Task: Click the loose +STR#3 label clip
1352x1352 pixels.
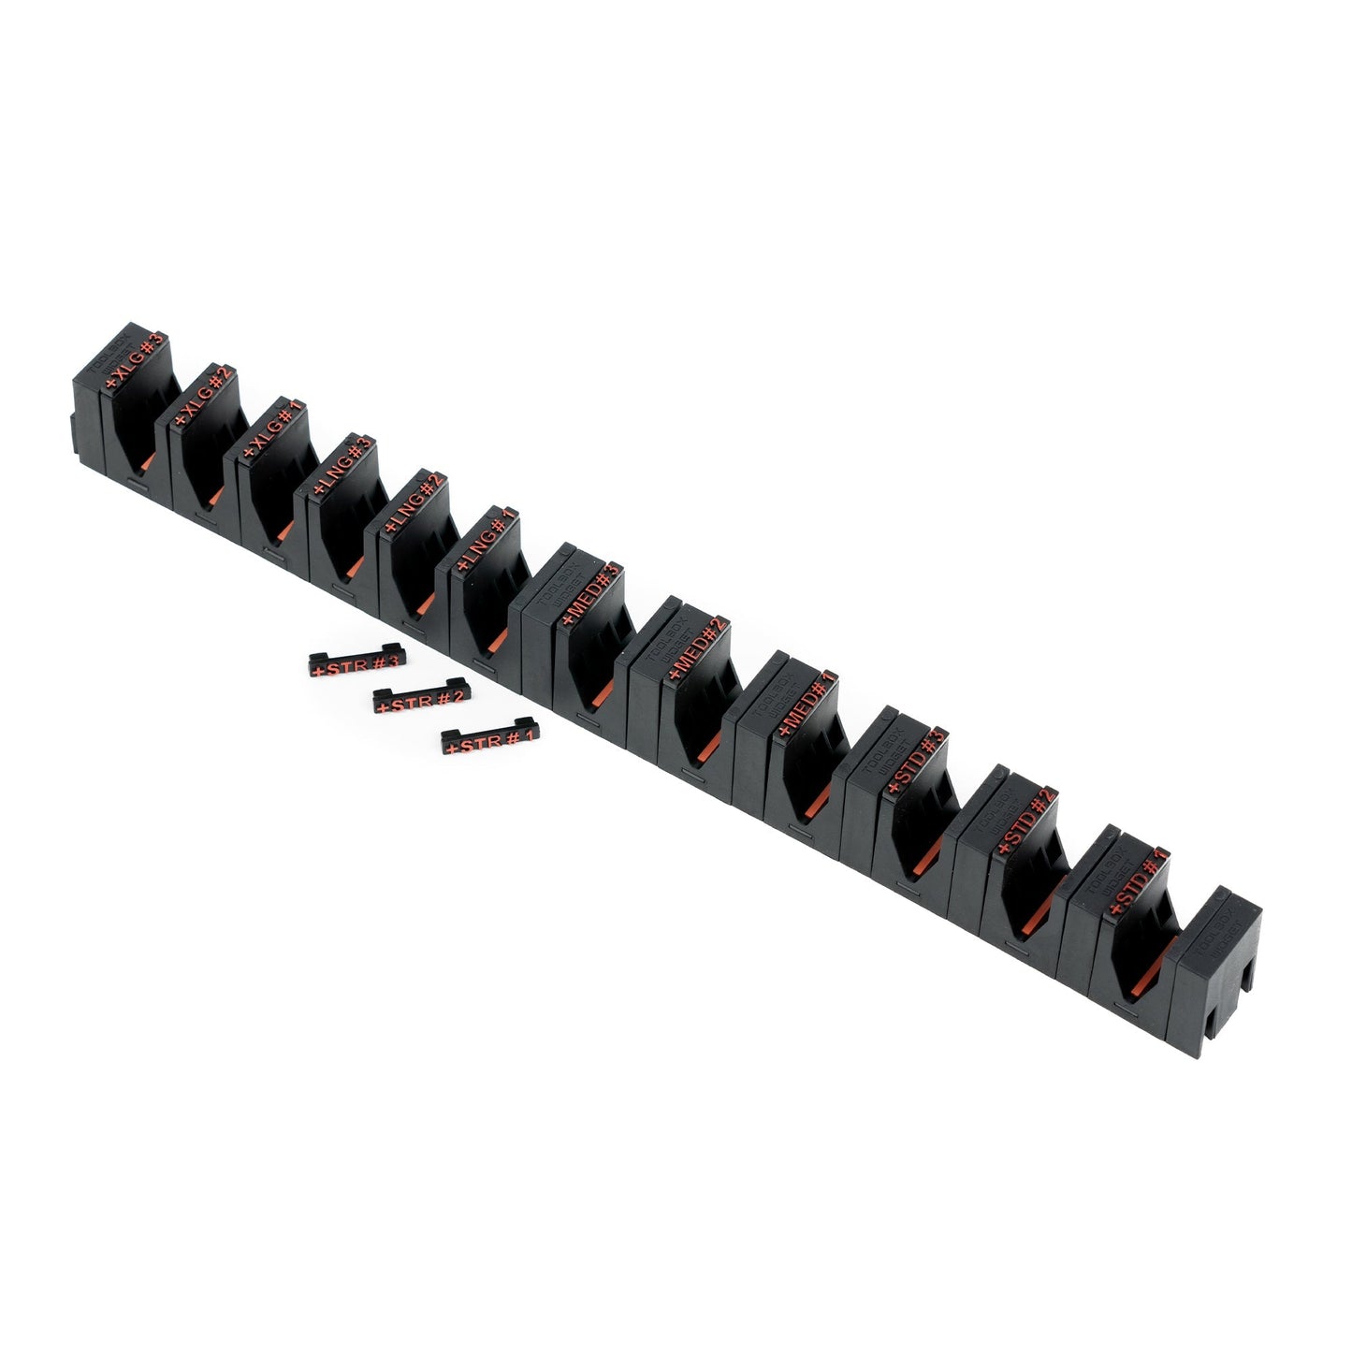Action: pyautogui.click(x=356, y=664)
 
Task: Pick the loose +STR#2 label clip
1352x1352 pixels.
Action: pyautogui.click(x=420, y=697)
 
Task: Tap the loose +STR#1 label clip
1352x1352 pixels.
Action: pyautogui.click(x=489, y=740)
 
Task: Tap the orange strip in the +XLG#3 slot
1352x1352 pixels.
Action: pyautogui.click(x=148, y=460)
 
